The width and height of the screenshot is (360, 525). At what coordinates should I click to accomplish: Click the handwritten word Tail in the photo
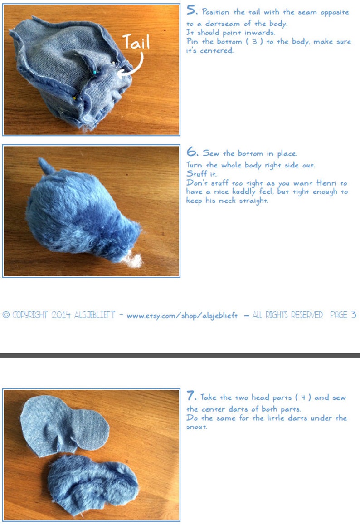(136, 43)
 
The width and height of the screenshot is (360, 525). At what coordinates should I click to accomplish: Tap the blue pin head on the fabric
(94, 72)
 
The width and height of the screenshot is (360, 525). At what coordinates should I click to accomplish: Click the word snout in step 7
(196, 427)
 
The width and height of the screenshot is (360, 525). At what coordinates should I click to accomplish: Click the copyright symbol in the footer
(6, 315)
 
